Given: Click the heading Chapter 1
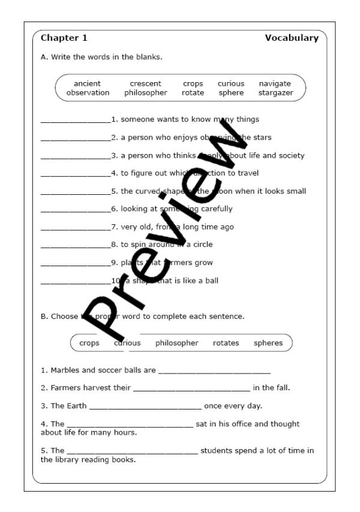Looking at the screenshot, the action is pyautogui.click(x=64, y=38).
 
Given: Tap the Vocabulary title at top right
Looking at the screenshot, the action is pyautogui.click(x=292, y=38).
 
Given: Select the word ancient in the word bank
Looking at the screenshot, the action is pyautogui.click(x=87, y=84).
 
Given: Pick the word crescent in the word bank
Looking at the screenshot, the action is pyautogui.click(x=145, y=84).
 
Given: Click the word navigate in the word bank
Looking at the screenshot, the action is pyautogui.click(x=275, y=84).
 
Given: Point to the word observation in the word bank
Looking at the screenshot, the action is pyautogui.click(x=88, y=93).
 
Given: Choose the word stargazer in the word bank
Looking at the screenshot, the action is pyautogui.click(x=275, y=93).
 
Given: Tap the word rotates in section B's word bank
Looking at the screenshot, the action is pyautogui.click(x=226, y=343).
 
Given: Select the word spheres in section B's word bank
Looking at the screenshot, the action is pyautogui.click(x=268, y=343).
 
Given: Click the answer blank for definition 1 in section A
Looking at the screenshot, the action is pyautogui.click(x=76, y=121).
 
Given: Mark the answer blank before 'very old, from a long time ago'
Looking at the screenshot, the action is pyautogui.click(x=76, y=228).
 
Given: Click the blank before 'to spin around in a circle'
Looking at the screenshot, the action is pyautogui.click(x=76, y=246).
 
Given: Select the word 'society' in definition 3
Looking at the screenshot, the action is pyautogui.click(x=290, y=155).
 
